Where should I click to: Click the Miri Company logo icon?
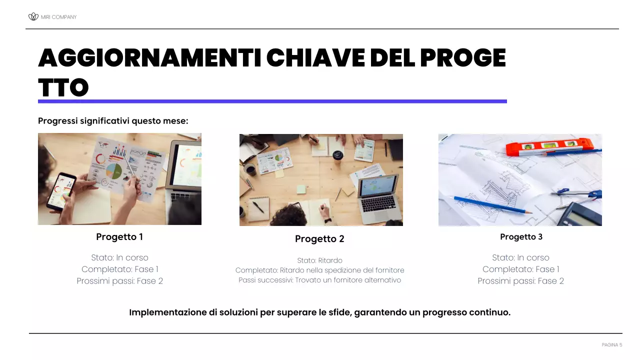[x=33, y=17]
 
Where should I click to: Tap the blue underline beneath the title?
[x=272, y=101]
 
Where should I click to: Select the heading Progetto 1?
[x=119, y=237]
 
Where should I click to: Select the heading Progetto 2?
[x=319, y=239]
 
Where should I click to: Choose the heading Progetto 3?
[x=521, y=237]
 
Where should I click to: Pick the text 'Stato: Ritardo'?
[x=319, y=260]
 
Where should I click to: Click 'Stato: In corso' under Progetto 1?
[x=119, y=258]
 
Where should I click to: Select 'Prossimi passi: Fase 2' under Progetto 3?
[x=520, y=281]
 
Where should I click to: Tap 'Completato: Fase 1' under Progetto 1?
[x=119, y=269]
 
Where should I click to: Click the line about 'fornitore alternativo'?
[x=319, y=280]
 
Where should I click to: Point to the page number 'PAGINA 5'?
[x=612, y=345]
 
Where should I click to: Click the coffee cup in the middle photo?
[x=338, y=154]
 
